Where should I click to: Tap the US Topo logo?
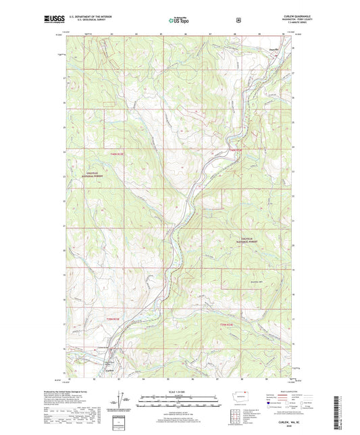pyautogui.click(x=180, y=20)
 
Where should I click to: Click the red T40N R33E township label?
pyautogui.click(x=234, y=150)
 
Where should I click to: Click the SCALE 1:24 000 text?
pyautogui.click(x=179, y=391)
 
